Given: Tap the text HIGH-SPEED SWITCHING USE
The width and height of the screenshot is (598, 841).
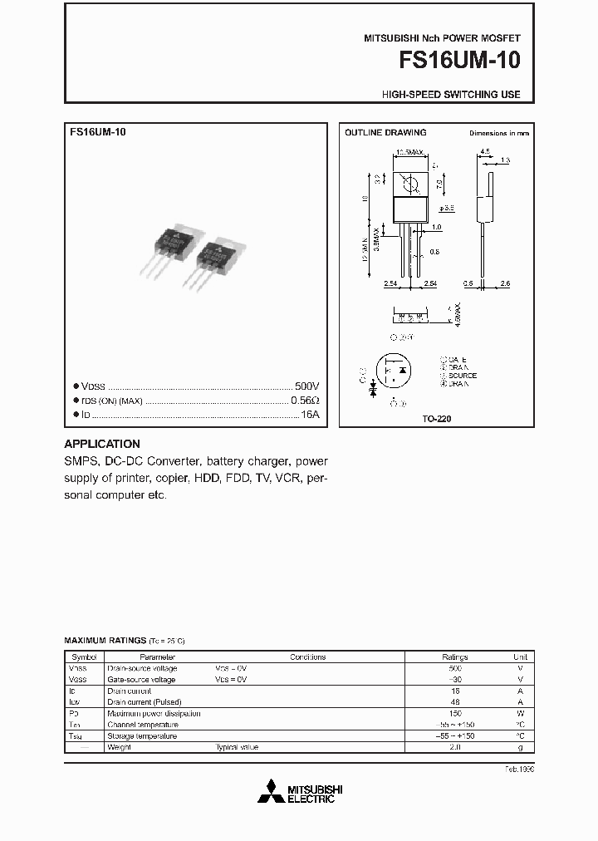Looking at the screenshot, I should pos(451,95).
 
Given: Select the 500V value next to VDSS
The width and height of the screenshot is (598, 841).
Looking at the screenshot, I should pos(306,386).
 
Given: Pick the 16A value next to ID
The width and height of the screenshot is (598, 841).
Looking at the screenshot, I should pos(310,413).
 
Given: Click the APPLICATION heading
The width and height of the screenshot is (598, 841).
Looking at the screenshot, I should pos(102,444).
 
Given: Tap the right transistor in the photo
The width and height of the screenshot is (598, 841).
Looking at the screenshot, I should pos(218,258).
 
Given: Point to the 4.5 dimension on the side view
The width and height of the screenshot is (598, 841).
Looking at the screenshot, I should pos(485,152).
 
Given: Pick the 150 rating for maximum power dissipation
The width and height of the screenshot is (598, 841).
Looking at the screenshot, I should pos(454,713).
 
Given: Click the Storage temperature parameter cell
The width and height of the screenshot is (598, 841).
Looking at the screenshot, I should pos(142,736).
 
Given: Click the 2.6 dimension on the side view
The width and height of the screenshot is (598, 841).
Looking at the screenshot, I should pos(505,284).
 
